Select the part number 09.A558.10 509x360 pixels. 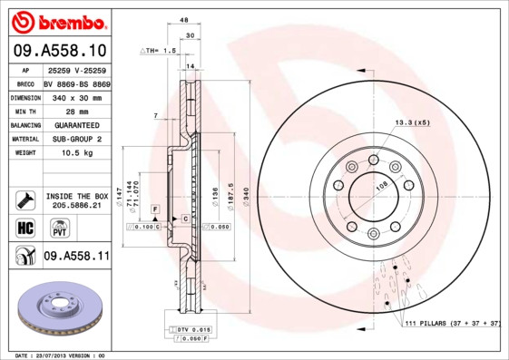tap(60, 50)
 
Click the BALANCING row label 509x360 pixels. tap(24, 124)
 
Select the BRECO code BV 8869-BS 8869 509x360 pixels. tap(76, 83)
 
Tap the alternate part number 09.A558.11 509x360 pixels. tap(76, 257)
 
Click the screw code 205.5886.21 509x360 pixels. tap(76, 206)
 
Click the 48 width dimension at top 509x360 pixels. tap(183, 19)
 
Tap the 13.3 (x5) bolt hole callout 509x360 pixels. tap(411, 122)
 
